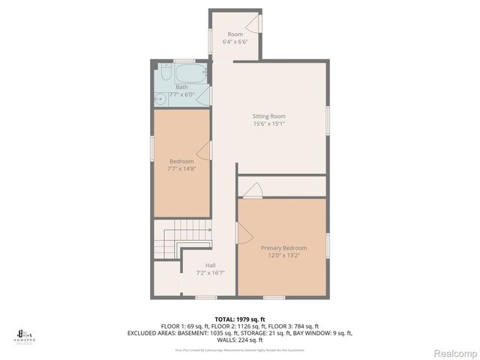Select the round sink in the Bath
160,98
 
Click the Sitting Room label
268,116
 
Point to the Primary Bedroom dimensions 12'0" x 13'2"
283,255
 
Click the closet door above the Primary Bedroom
252,190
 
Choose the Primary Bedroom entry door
241,235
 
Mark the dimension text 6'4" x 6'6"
235,43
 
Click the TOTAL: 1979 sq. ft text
240,319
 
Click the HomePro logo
25,334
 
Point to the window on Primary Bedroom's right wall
328,245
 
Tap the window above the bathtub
184,60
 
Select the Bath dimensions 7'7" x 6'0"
181,95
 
